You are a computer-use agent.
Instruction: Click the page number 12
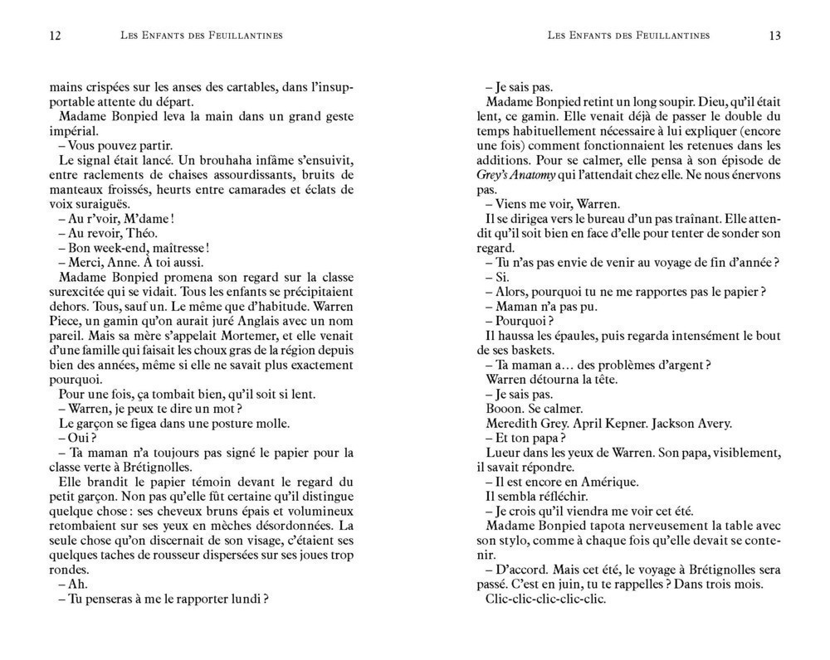tap(56, 36)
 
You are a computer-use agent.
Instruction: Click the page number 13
tap(774, 36)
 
